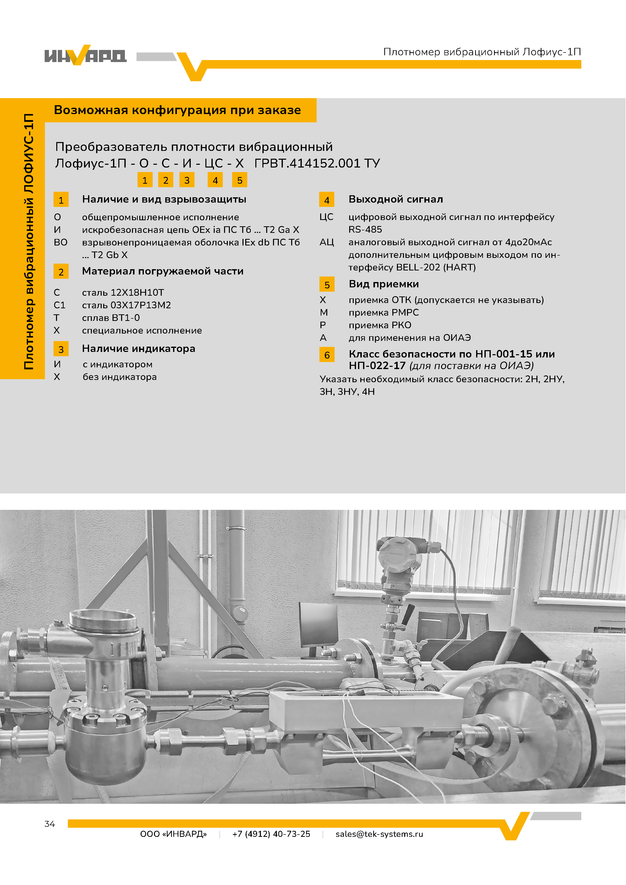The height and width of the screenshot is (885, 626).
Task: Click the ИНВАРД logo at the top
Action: (85, 55)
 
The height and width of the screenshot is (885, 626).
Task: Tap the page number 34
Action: (50, 824)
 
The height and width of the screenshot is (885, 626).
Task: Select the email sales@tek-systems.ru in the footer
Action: (379, 834)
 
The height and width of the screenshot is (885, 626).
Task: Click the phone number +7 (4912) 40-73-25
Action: (271, 834)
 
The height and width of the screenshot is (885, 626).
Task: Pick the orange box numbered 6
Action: (327, 355)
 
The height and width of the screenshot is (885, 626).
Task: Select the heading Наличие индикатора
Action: (139, 348)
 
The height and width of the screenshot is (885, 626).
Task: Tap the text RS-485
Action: (365, 229)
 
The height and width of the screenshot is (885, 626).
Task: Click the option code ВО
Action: (61, 242)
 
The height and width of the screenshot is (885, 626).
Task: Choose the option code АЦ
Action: (326, 242)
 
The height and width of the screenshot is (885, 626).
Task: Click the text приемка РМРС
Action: (384, 312)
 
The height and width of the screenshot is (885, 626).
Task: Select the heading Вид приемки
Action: (384, 284)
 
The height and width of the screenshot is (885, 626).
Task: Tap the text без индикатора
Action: (120, 377)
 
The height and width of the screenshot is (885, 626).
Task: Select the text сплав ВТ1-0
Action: (111, 318)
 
